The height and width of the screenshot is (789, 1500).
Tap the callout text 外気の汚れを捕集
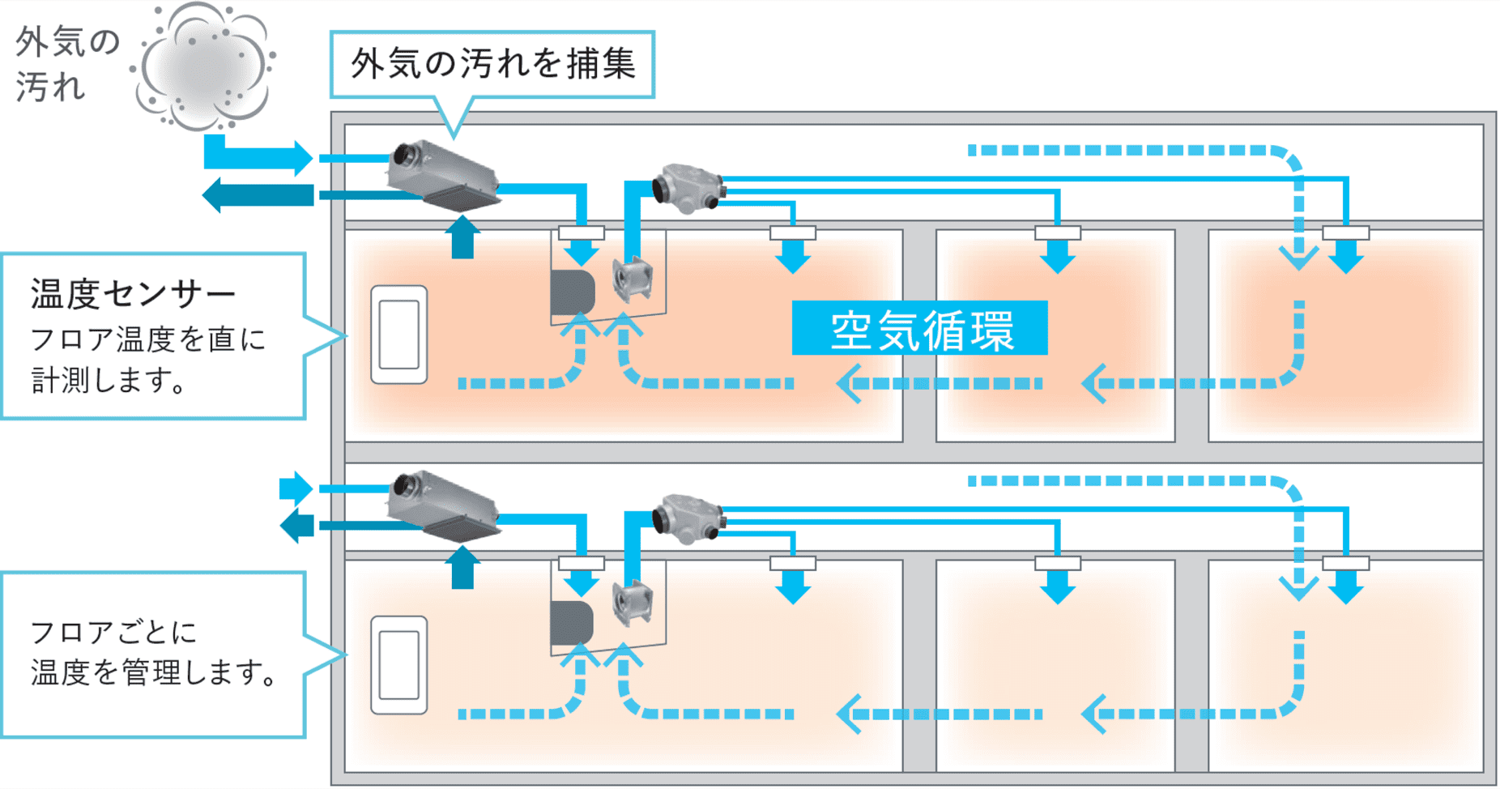coord(492,64)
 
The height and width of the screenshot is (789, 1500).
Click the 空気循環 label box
coord(919,328)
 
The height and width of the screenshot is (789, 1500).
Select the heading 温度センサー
coord(133,294)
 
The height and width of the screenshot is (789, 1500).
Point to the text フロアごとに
coord(113,633)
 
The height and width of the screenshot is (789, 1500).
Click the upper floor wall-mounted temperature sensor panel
coord(398,335)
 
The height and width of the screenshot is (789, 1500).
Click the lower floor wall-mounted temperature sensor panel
coord(398,665)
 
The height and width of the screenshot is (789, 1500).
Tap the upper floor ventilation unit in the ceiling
coord(444,175)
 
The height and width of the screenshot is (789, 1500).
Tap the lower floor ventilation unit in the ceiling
coord(444,505)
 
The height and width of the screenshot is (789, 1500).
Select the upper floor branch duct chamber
coord(687,189)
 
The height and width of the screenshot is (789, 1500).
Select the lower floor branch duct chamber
coord(687,518)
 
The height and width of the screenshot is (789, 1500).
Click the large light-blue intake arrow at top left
coord(258,155)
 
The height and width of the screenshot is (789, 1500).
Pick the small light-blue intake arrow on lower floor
coord(296,488)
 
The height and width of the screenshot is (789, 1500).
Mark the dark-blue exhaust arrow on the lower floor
coord(296,526)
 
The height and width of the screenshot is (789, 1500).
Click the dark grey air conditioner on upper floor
coord(572,292)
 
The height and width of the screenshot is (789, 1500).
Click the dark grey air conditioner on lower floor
coord(572,622)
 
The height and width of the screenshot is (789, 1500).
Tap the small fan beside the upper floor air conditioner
coord(633,279)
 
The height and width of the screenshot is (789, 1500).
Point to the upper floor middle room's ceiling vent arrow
coord(1057,255)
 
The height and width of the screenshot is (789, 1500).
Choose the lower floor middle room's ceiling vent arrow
coord(1057,586)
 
